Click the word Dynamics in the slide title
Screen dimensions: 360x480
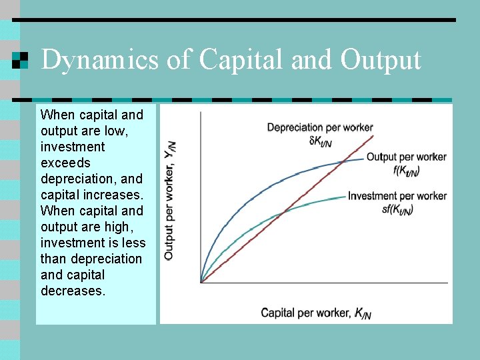click(x=99, y=59)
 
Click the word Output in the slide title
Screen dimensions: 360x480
click(x=381, y=59)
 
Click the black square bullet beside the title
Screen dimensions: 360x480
click(x=21, y=60)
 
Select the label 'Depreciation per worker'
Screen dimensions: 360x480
click(x=319, y=127)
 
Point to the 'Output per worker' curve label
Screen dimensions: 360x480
click(x=406, y=157)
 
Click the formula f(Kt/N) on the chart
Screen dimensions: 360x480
click(x=406, y=170)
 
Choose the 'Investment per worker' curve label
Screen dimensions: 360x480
click(x=397, y=196)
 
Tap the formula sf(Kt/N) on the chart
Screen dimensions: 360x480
click(x=397, y=209)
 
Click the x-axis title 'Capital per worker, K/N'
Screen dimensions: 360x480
click(x=307, y=313)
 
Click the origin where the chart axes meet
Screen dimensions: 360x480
click(x=201, y=283)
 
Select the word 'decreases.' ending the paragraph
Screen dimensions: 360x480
click(x=73, y=291)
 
